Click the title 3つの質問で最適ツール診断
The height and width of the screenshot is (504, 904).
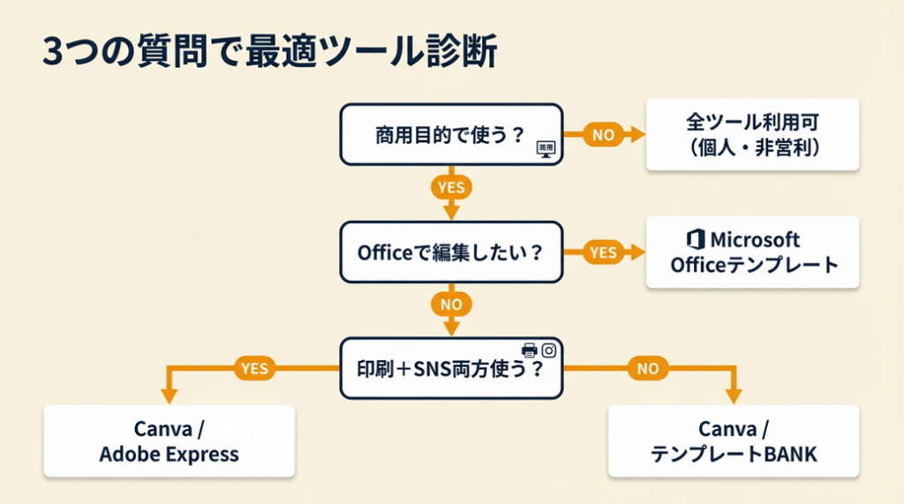268,52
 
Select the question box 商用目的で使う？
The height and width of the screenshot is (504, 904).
451,135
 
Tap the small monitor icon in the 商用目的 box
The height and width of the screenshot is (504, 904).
546,149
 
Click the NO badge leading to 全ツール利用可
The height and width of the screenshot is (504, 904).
603,135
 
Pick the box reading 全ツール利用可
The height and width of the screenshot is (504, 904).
753,123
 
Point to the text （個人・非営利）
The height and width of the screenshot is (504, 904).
753,148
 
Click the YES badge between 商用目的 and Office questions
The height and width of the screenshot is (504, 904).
451,187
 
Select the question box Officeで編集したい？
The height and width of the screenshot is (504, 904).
451,252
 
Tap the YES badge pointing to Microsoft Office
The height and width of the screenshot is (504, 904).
603,252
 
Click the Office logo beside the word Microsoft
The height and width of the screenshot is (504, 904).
695,239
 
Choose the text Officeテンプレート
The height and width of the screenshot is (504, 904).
753,265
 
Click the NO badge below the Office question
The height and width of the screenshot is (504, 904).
451,305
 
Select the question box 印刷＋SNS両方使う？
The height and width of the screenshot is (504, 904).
451,368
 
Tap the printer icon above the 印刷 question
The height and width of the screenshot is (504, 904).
530,350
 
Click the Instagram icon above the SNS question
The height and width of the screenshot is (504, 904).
548,350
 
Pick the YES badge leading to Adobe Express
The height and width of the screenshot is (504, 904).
253,369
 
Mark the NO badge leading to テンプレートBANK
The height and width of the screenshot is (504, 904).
648,369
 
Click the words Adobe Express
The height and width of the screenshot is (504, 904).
169,455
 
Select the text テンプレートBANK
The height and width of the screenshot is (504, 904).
734,455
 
